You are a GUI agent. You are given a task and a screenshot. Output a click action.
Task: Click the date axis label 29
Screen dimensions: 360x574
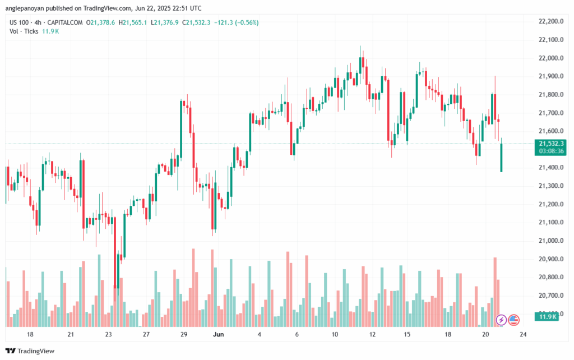183,334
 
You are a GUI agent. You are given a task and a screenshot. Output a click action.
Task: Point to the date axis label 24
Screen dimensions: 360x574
522,334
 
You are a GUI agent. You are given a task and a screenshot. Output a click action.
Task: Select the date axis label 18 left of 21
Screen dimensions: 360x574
30,334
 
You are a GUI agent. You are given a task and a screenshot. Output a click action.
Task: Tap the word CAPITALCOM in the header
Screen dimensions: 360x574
67,22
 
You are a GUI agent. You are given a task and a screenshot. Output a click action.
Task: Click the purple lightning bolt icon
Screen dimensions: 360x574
502,320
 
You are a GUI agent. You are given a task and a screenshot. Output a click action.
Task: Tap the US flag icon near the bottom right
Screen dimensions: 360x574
514,320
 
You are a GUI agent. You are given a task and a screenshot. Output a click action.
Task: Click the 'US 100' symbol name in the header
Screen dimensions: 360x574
21,22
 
